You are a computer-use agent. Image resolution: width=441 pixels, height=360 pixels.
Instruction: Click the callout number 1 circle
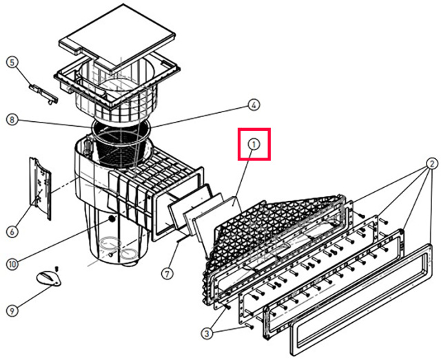[253, 145]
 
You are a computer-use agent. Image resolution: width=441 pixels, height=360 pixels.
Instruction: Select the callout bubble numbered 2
[431, 165]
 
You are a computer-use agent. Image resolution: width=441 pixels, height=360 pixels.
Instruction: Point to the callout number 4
[254, 105]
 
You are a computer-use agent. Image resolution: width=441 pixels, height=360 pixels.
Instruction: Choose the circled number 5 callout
[12, 62]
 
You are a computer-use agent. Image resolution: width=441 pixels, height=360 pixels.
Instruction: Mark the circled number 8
[12, 120]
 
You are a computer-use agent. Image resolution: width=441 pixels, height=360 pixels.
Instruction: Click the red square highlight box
[253, 145]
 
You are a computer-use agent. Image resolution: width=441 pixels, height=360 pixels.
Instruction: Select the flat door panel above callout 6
[39, 187]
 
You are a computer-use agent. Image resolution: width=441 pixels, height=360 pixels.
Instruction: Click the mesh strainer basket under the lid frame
[120, 145]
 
